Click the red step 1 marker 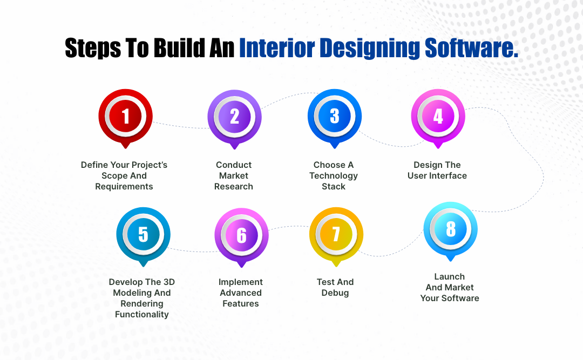click(125, 116)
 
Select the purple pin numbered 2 click(234, 116)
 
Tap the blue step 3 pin click(334, 116)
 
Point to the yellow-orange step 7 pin click(336, 234)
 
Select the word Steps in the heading click(93, 48)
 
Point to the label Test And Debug click(335, 287)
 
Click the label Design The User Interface click(437, 170)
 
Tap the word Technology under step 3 click(334, 175)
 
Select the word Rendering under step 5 click(142, 303)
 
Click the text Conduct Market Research click(234, 175)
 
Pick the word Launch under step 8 click(450, 276)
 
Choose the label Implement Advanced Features click(241, 293)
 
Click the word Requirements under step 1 click(124, 186)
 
